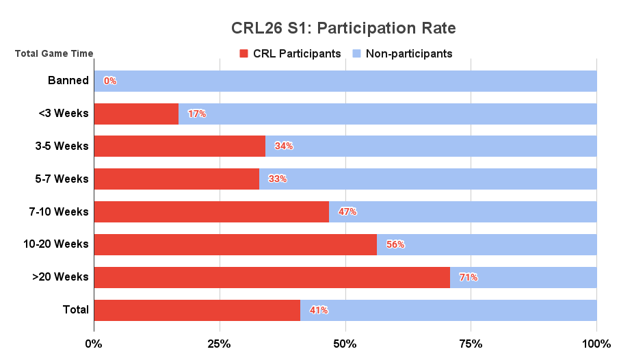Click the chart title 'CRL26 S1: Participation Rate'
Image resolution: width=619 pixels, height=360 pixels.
point(343,29)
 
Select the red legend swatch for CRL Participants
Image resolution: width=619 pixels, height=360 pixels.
point(243,53)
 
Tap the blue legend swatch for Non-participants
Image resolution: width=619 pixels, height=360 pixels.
point(356,53)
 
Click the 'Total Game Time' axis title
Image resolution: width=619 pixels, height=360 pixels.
point(54,53)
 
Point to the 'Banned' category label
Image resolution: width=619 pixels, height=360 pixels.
point(68,81)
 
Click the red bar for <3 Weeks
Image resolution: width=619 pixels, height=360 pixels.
point(136,114)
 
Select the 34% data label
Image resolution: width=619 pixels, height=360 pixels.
point(283,146)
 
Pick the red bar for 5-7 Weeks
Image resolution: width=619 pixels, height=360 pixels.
point(176,179)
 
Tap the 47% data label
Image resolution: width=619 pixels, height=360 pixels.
point(347,211)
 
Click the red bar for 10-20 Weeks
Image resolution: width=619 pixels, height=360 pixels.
point(235,244)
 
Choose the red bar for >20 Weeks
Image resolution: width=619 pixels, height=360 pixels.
point(272,277)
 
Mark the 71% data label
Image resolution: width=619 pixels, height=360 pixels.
point(469,277)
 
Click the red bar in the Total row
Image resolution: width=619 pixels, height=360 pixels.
point(197,310)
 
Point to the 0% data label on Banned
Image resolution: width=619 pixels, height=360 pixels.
point(110,81)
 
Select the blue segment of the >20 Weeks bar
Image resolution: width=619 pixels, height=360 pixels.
point(523,277)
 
